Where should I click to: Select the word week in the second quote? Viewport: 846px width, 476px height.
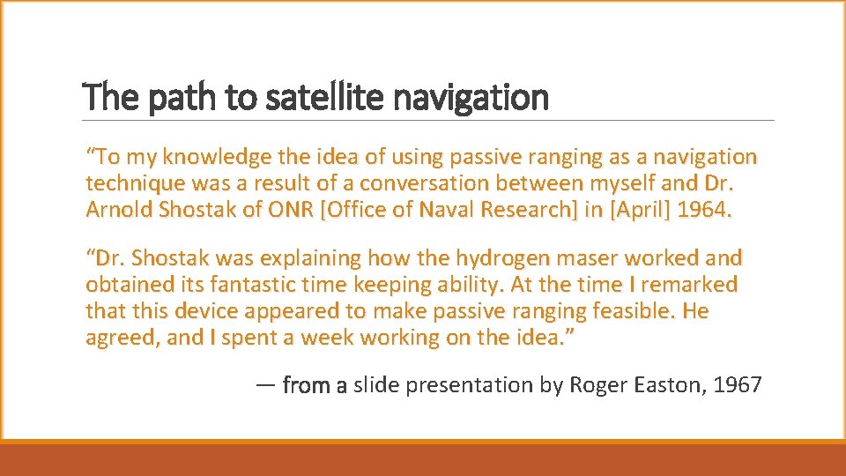[x=332, y=337]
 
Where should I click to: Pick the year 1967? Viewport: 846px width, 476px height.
[x=738, y=385]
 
